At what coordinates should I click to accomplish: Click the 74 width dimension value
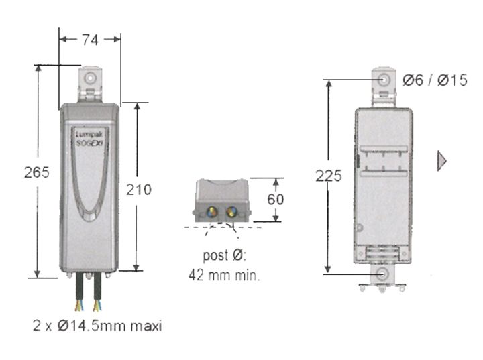coord(90,40)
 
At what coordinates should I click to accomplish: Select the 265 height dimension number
coord(36,172)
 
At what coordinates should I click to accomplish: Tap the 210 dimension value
coord(139,190)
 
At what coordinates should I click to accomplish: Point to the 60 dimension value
coord(276,200)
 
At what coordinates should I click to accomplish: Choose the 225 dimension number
coord(329,176)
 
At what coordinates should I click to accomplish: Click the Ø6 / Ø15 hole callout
coord(435,80)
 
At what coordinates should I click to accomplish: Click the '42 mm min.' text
coord(223,274)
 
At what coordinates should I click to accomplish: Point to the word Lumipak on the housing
coord(89,133)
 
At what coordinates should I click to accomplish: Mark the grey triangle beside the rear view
coord(441,161)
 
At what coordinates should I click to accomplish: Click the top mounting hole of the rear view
coord(384,80)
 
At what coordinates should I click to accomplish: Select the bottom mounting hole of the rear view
coord(383,274)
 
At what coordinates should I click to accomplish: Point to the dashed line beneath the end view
coord(221,227)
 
